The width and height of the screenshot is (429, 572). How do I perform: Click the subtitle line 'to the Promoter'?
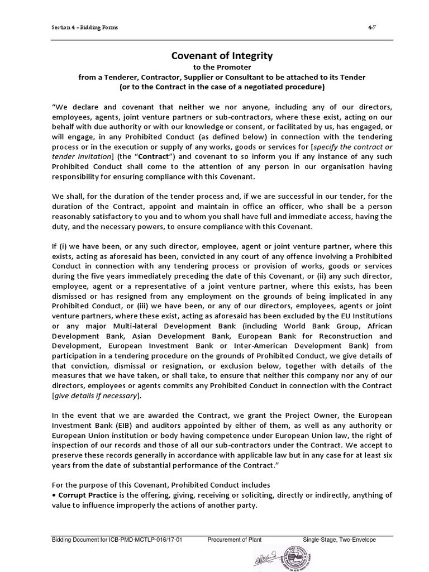click(x=221, y=67)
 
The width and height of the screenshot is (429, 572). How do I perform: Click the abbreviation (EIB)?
click(x=99, y=426)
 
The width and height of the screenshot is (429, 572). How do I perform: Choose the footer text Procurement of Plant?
click(x=234, y=540)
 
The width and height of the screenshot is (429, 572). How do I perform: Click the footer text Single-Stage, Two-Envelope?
click(x=339, y=540)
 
